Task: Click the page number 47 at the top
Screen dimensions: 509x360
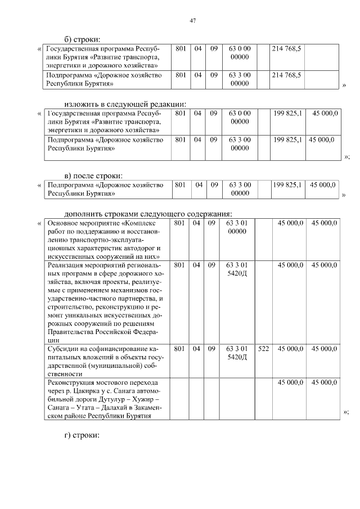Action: (x=192, y=20)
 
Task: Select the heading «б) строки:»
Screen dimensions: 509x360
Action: (x=82, y=39)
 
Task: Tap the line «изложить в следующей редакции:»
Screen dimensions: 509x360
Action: (x=125, y=103)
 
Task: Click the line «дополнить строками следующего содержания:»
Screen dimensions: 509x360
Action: (x=148, y=213)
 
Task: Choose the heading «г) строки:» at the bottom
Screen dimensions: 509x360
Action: (x=82, y=435)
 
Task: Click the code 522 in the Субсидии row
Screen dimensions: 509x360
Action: (x=263, y=349)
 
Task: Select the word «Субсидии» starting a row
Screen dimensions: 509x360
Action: (x=64, y=349)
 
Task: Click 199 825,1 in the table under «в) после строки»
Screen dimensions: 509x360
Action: (x=287, y=184)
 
